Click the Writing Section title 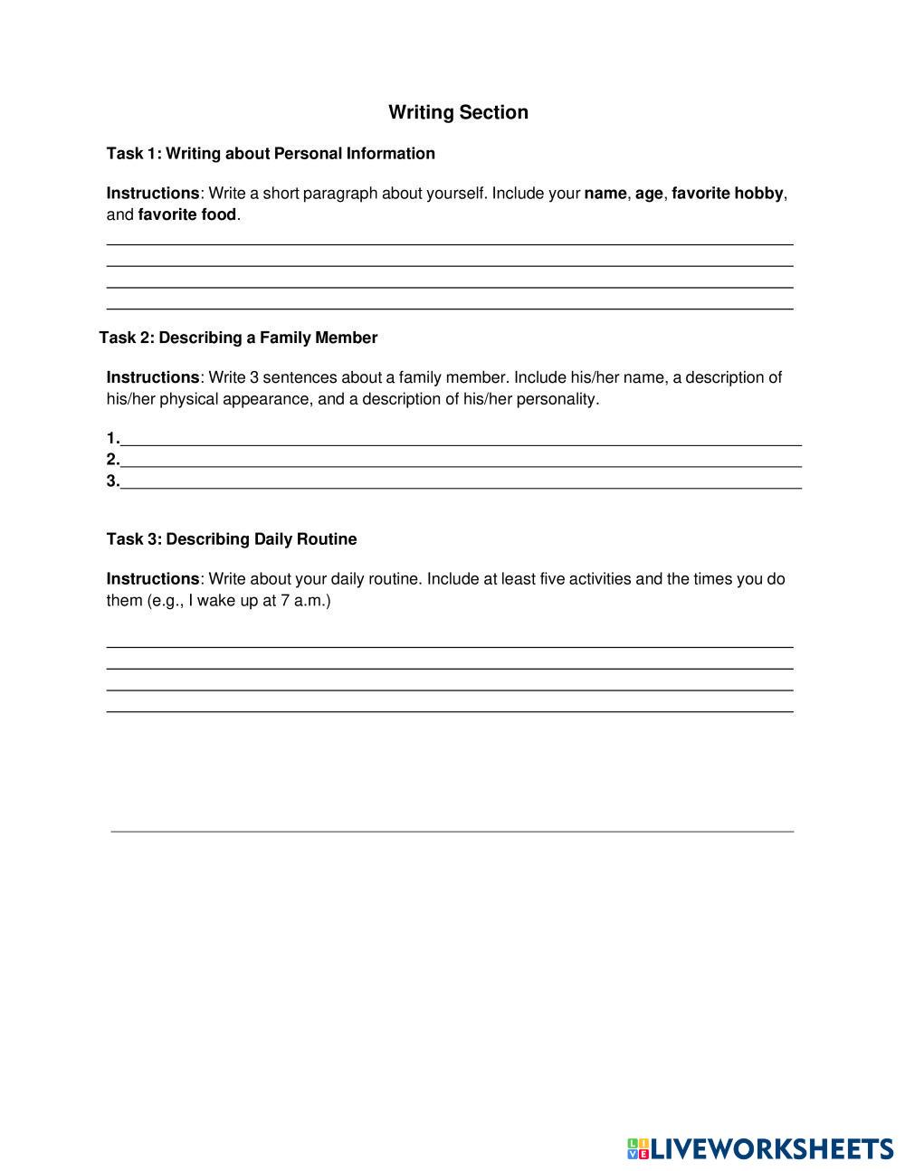458,112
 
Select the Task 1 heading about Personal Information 271,153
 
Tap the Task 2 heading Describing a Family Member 238,338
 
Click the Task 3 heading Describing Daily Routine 232,539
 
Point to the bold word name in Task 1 605,193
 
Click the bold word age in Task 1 649,193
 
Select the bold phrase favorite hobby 727,193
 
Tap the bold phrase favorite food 186,214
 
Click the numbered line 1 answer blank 460,440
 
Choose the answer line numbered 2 460,462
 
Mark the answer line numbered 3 460,483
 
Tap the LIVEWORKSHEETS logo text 772,1149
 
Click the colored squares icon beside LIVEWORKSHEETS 638,1149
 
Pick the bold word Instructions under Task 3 152,578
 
